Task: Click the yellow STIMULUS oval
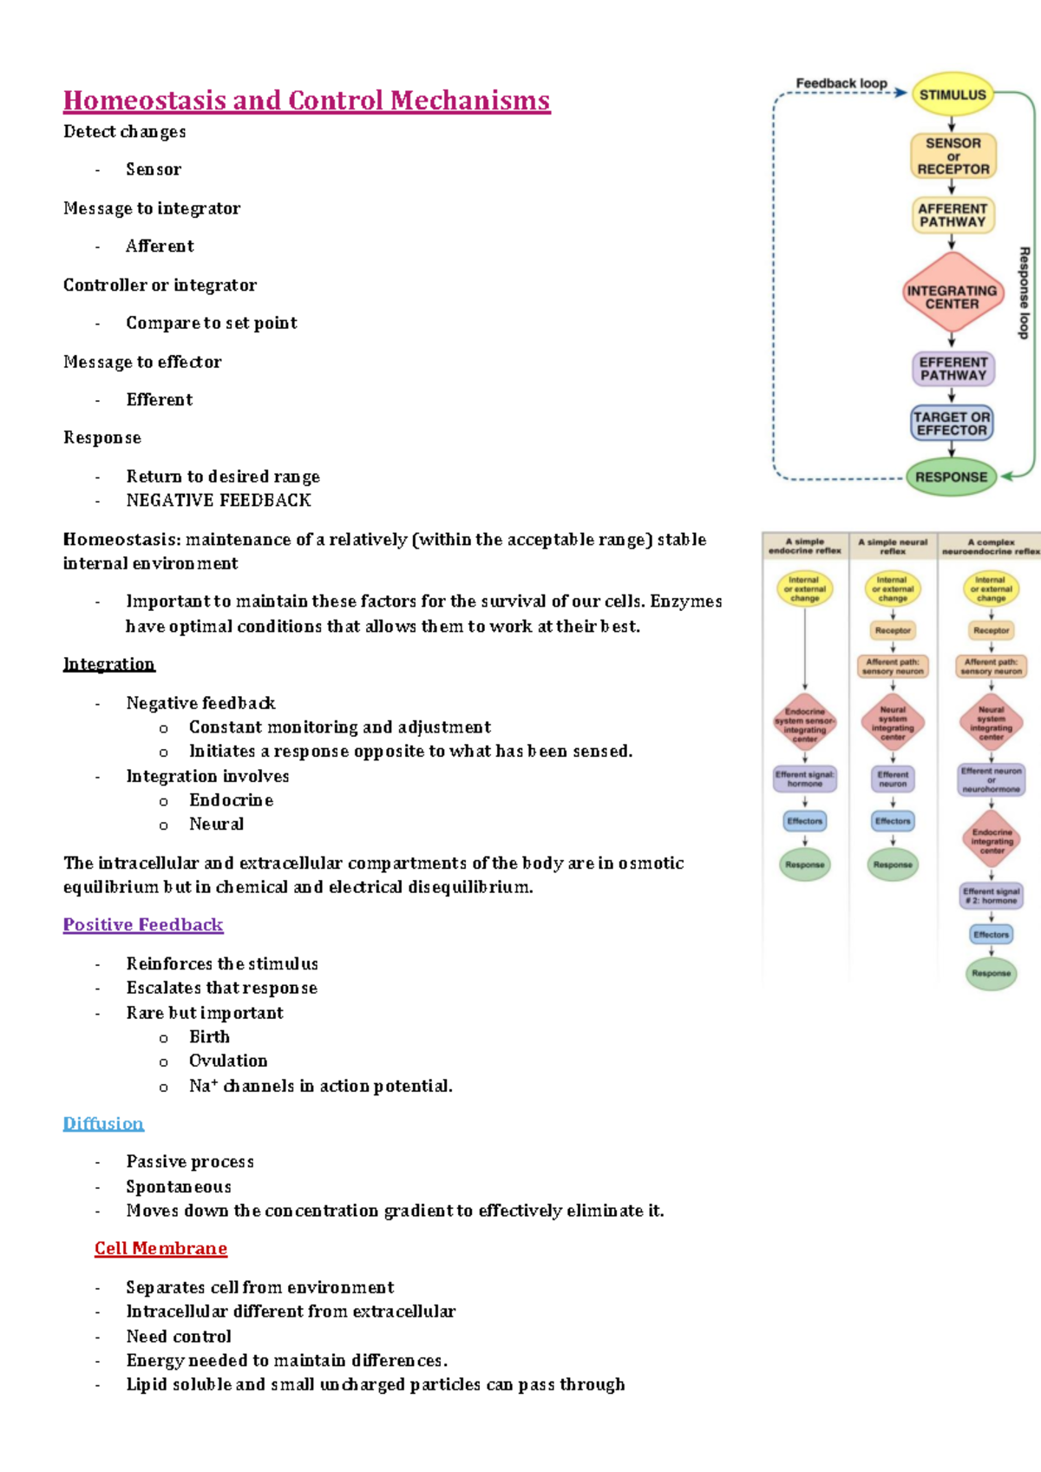tap(953, 95)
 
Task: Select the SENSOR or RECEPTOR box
tap(953, 156)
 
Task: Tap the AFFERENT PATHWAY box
tap(953, 215)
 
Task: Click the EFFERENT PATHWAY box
tap(953, 369)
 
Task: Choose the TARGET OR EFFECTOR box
tap(952, 424)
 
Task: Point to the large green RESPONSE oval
tap(951, 476)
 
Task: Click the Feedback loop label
tap(841, 83)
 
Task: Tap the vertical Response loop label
tap(1024, 292)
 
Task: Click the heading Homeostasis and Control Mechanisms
tap(306, 101)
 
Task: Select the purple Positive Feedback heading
tap(143, 924)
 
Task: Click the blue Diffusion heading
tap(103, 1123)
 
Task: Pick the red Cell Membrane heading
tap(160, 1248)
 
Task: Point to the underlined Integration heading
tap(108, 664)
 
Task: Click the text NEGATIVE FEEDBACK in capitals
tap(218, 500)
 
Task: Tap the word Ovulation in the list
tap(228, 1061)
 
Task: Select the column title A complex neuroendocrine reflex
tap(991, 546)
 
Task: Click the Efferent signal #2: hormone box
tap(991, 896)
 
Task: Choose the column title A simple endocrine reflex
tap(804, 546)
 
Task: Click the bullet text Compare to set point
tap(211, 323)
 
